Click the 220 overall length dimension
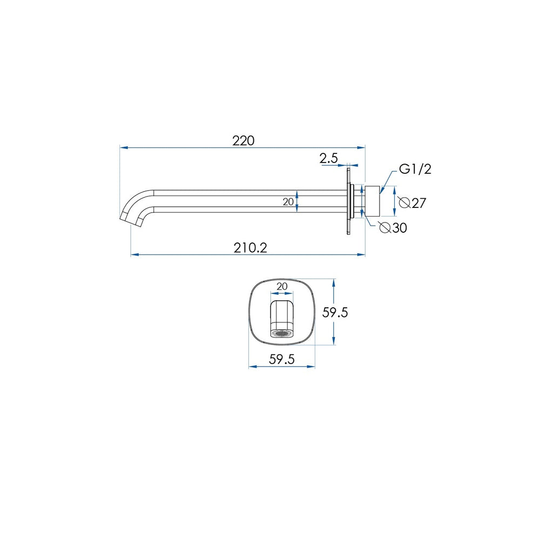243,140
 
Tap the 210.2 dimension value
251,248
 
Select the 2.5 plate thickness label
328,158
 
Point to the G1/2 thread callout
415,169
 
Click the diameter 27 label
413,203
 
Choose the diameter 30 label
393,228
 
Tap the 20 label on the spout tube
288,202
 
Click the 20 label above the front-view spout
282,286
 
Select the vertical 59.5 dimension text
335,312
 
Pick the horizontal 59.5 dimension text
282,359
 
